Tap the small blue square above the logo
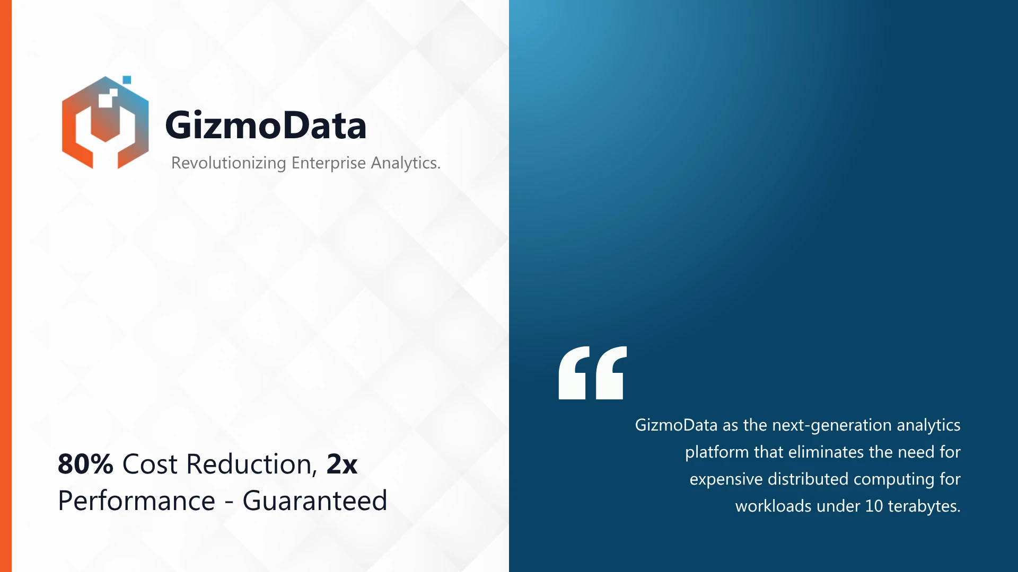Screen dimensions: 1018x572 (127, 80)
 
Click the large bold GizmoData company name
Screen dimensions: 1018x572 (266, 126)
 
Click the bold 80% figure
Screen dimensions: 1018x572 (85, 464)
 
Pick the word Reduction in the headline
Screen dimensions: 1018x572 (252, 464)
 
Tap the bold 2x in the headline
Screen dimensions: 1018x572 (342, 464)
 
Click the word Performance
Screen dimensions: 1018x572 (137, 501)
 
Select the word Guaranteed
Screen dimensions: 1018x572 (315, 501)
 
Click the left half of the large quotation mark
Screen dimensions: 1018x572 (574, 373)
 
